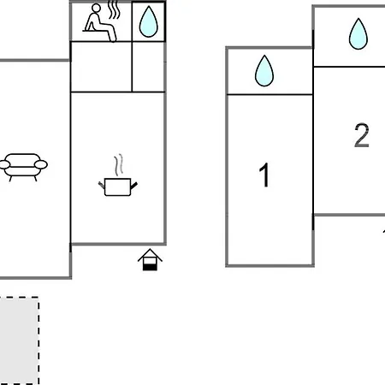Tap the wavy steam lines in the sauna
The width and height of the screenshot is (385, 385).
(x=114, y=10)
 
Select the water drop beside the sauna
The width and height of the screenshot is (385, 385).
(x=148, y=21)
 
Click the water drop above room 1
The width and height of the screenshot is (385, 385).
(x=264, y=70)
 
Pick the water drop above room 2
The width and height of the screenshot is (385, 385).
(x=358, y=33)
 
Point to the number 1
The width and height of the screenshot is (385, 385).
(x=264, y=175)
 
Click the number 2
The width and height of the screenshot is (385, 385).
(x=362, y=135)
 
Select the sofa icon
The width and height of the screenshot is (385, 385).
(x=23, y=167)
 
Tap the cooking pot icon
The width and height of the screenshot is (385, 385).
(x=117, y=187)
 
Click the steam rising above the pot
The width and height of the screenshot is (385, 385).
(x=118, y=165)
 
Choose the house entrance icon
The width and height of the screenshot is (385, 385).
(x=150, y=259)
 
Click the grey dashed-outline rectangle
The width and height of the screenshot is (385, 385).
(x=19, y=341)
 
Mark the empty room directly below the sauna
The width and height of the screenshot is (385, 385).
(x=101, y=67)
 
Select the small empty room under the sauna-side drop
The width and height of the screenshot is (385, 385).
(x=148, y=67)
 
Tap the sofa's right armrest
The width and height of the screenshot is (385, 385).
(x=41, y=164)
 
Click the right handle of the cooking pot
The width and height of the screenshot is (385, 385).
(x=134, y=186)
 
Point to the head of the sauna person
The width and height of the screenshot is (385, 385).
(x=97, y=8)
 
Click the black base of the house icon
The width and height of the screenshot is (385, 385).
(x=150, y=267)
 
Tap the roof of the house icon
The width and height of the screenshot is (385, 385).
(x=150, y=255)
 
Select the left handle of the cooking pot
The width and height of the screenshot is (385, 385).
(x=102, y=185)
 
